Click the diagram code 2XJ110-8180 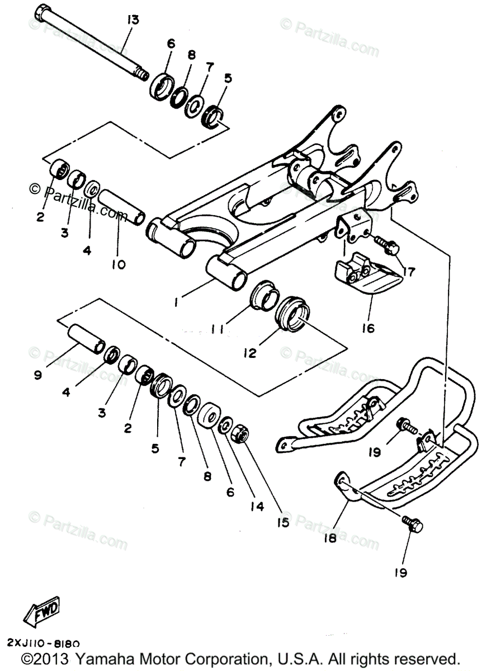[x=44, y=644]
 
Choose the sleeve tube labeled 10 [x=122, y=206]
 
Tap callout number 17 [x=409, y=272]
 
